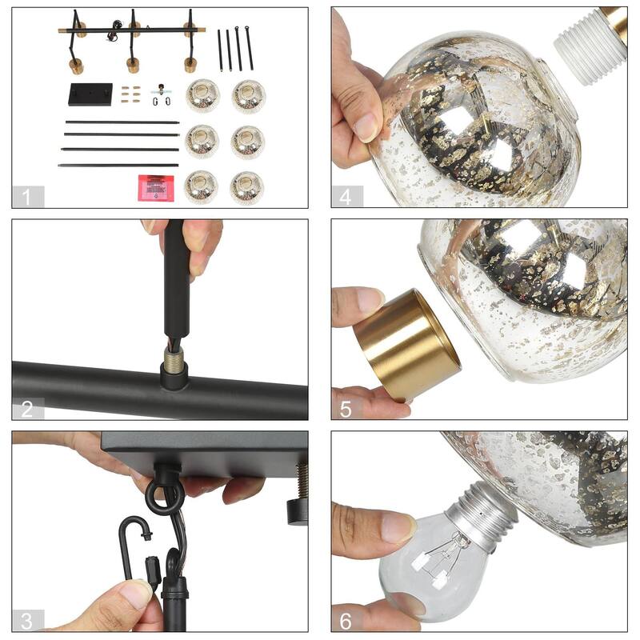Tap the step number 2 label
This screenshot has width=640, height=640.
click(x=28, y=409)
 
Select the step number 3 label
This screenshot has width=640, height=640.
click(x=28, y=620)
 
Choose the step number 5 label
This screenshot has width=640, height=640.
click(x=346, y=409)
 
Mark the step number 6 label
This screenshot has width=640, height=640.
click(x=346, y=620)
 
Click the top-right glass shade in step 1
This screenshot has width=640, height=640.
click(x=248, y=96)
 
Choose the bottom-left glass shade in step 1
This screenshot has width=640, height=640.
click(x=201, y=187)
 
